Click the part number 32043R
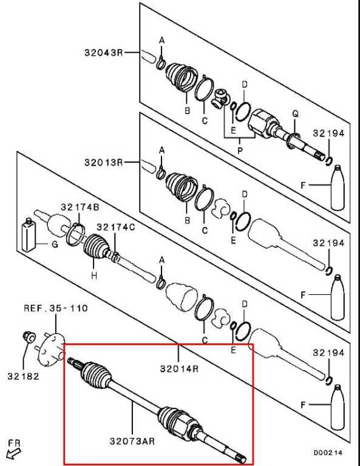pyautogui.click(x=103, y=53)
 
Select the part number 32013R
pyautogui.click(x=103, y=163)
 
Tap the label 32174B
pyautogui.click(x=80, y=207)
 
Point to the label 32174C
pyautogui.click(x=115, y=228)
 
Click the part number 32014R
pyautogui.click(x=179, y=368)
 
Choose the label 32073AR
pyautogui.click(x=132, y=441)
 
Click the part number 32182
pyautogui.click(x=23, y=376)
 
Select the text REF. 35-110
pyautogui.click(x=56, y=308)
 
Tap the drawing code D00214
pyautogui.click(x=328, y=453)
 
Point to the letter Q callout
pyautogui.click(x=295, y=113)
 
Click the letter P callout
pyautogui.click(x=240, y=150)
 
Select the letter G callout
pyautogui.click(x=55, y=245)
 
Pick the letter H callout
pyautogui.click(x=94, y=275)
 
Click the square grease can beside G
pyautogui.click(x=29, y=234)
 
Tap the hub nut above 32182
pyautogui.click(x=29, y=336)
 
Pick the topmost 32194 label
pyautogui.click(x=328, y=133)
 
